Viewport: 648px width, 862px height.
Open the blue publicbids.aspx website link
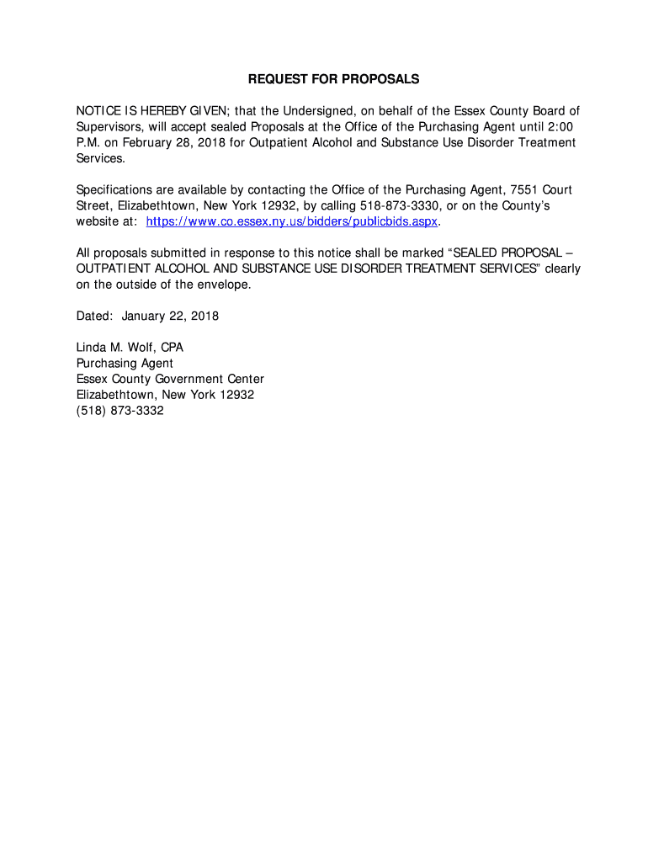click(292, 222)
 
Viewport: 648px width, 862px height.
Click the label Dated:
click(94, 317)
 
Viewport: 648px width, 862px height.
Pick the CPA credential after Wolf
click(172, 348)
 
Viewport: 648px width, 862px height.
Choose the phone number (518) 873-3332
click(120, 412)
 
